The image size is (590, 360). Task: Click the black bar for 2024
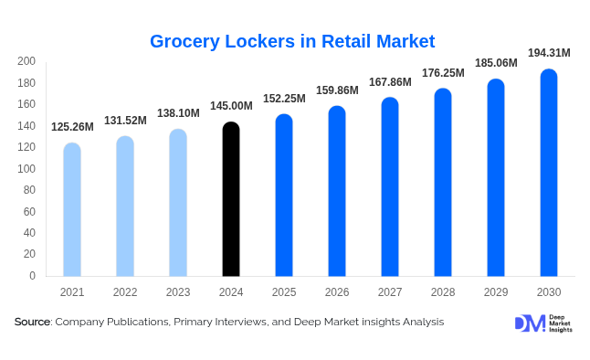tap(231, 199)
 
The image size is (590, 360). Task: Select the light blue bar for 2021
tap(72, 209)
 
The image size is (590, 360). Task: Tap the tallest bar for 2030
tap(548, 173)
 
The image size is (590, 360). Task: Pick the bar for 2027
tap(390, 186)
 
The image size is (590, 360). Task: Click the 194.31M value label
tap(548, 53)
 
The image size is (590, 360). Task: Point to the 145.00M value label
tap(231, 106)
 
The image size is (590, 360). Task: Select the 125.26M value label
tap(72, 127)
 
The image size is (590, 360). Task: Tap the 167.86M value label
tap(390, 82)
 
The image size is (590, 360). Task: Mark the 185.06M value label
tap(495, 63)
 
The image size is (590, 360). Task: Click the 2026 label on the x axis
tap(337, 292)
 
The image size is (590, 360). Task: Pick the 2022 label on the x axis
tap(125, 292)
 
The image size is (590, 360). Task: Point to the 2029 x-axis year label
tap(495, 292)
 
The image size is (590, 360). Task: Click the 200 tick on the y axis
tap(26, 61)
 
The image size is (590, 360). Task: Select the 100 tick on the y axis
tap(26, 169)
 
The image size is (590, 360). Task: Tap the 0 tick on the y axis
tap(32, 276)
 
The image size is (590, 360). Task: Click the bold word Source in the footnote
tap(32, 322)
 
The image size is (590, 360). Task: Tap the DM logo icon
tap(529, 323)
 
